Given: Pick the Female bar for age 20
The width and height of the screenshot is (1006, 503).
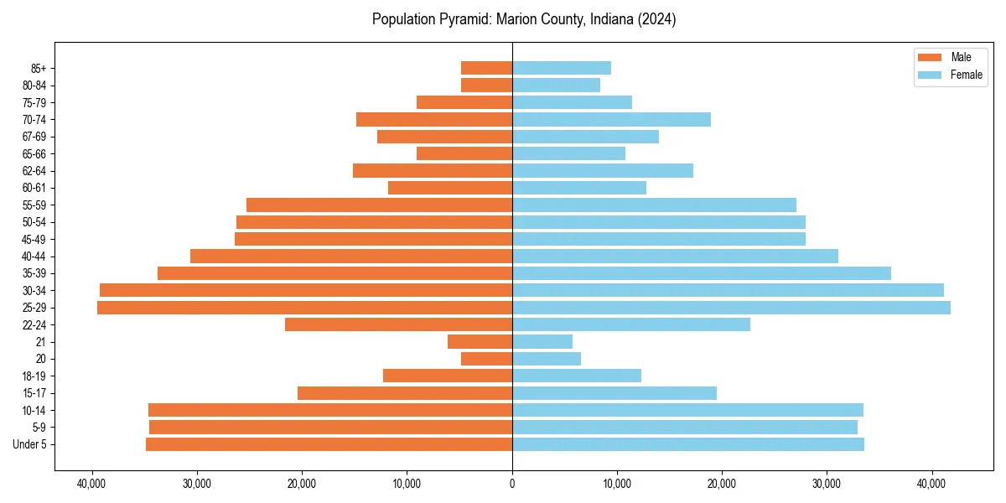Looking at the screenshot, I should [x=547, y=359].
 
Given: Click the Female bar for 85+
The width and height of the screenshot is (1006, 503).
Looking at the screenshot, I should [x=562, y=68].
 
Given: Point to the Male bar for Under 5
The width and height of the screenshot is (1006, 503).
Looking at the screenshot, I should [x=329, y=444].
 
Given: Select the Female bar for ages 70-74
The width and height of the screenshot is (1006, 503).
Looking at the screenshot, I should [x=611, y=119].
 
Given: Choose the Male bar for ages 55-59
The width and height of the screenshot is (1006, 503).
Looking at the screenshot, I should [x=379, y=205].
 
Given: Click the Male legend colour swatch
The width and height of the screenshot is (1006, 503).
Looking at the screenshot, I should [x=931, y=57].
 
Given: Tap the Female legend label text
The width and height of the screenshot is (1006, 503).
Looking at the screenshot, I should [x=966, y=75].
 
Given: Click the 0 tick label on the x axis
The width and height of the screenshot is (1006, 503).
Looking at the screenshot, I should [x=512, y=483].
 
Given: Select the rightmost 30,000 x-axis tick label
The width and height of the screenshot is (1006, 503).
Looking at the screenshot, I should [x=827, y=483].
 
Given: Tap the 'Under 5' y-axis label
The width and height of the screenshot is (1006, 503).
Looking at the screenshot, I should [x=29, y=444].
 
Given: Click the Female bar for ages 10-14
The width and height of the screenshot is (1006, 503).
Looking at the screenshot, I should [x=687, y=410].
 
